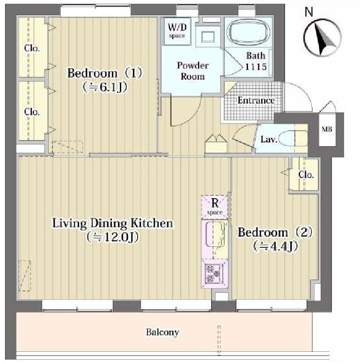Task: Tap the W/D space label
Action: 177,30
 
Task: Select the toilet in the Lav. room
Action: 293,138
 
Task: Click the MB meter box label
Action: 327,129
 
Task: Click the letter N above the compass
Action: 309,12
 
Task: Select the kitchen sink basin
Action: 215,234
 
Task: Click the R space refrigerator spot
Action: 215,207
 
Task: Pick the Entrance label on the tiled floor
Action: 256,100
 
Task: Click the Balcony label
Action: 162,332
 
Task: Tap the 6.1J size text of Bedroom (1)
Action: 104,87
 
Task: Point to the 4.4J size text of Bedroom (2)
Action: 275,246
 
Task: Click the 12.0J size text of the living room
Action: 112,237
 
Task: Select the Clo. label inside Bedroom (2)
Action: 306,175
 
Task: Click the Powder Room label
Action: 192,71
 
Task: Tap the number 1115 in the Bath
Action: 256,67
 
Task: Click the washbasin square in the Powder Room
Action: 208,37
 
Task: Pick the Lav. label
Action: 269,139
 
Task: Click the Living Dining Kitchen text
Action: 112,223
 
